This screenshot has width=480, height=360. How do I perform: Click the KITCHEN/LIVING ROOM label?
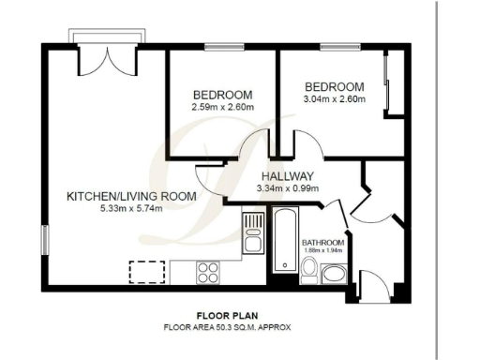pyautogui.click(x=130, y=196)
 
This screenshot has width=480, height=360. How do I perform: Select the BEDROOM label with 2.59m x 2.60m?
pyautogui.click(x=222, y=95)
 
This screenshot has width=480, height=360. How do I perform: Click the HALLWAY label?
pyautogui.click(x=287, y=176)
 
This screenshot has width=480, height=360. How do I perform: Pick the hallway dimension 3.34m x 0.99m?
pyautogui.click(x=287, y=187)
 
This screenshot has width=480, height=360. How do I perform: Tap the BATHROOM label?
pyautogui.click(x=322, y=243)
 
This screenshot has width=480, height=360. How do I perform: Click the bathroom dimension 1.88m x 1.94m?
pyautogui.click(x=322, y=250)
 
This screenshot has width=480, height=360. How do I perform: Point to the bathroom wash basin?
pyautogui.click(x=334, y=274)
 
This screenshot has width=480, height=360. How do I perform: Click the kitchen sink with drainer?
pyautogui.click(x=251, y=235)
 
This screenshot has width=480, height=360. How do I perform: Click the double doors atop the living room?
pyautogui.click(x=109, y=62)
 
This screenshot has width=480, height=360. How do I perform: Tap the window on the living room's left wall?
pyautogui.click(x=42, y=240)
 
